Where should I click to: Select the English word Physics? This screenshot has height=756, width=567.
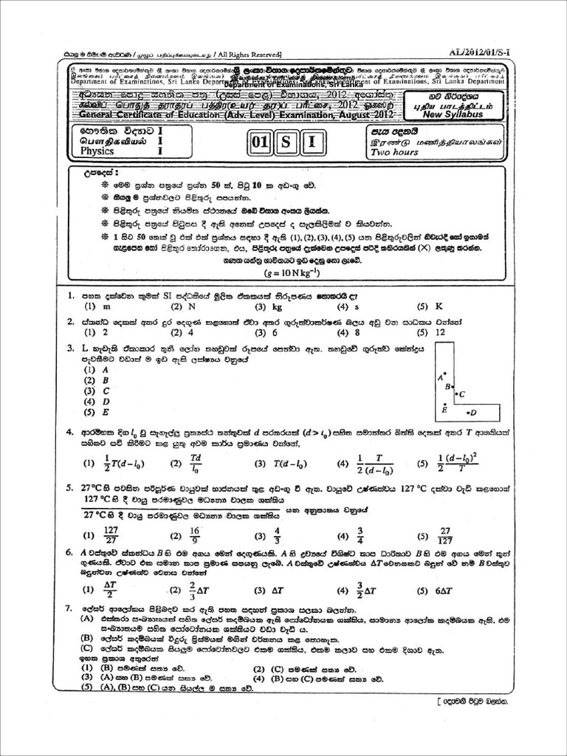99,151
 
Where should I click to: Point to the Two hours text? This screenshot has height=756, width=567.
394,152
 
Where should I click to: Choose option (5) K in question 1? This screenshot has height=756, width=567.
431,306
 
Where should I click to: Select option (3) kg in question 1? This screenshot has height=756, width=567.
269,306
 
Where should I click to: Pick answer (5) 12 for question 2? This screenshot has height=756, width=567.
432,333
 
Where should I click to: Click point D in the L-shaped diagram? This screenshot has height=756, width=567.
472,413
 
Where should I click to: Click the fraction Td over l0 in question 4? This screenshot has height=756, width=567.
196,463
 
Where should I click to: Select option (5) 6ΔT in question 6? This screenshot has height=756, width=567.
432,591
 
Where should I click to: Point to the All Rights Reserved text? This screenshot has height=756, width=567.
247,54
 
